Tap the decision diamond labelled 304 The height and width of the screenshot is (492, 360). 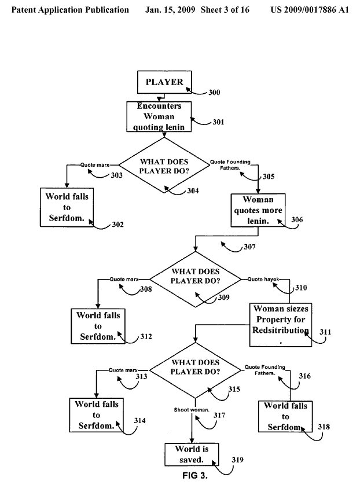click(x=165, y=165)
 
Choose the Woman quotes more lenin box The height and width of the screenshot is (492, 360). click(x=258, y=211)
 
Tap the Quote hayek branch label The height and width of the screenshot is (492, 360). click(x=263, y=279)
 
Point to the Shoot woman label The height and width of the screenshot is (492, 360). click(x=192, y=410)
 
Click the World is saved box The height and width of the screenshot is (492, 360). click(x=191, y=454)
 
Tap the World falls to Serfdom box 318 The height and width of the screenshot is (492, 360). click(x=285, y=416)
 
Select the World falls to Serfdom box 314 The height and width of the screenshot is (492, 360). click(x=96, y=414)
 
